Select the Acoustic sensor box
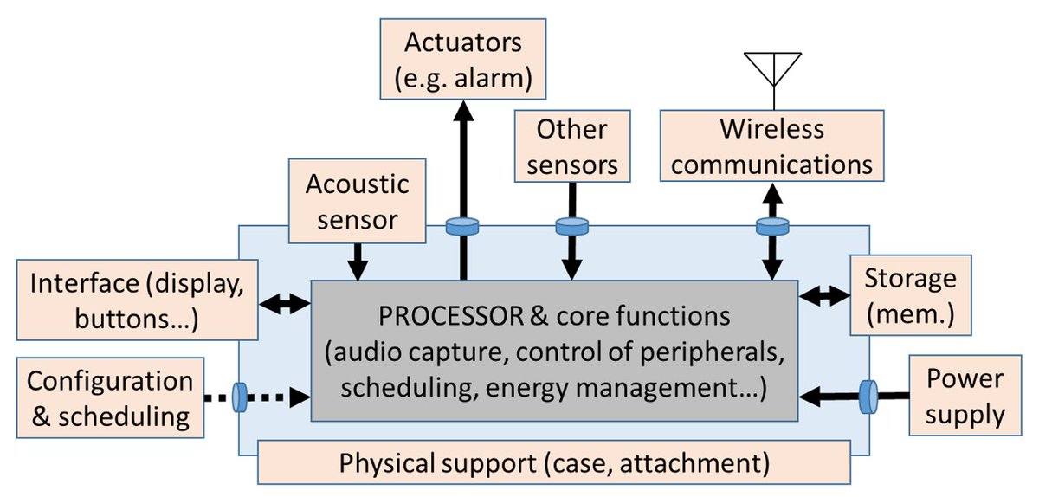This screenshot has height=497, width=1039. pyautogui.click(x=357, y=201)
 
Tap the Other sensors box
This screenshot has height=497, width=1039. pyautogui.click(x=571, y=146)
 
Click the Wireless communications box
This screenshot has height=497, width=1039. pyautogui.click(x=771, y=146)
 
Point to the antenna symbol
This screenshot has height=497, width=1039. pyautogui.click(x=771, y=68)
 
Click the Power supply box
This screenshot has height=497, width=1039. pyautogui.click(x=964, y=397)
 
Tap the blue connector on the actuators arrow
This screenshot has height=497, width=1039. pyautogui.click(x=462, y=227)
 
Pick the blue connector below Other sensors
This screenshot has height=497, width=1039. pyautogui.click(x=571, y=227)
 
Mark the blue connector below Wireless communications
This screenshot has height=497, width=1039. pyautogui.click(x=771, y=227)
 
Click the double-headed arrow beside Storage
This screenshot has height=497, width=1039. pyautogui.click(x=821, y=296)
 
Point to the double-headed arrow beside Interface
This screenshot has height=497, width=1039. pyautogui.click(x=285, y=303)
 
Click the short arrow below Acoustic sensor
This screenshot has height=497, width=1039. pyautogui.click(x=357, y=260)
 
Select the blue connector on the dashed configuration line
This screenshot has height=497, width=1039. pyautogui.click(x=241, y=399)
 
